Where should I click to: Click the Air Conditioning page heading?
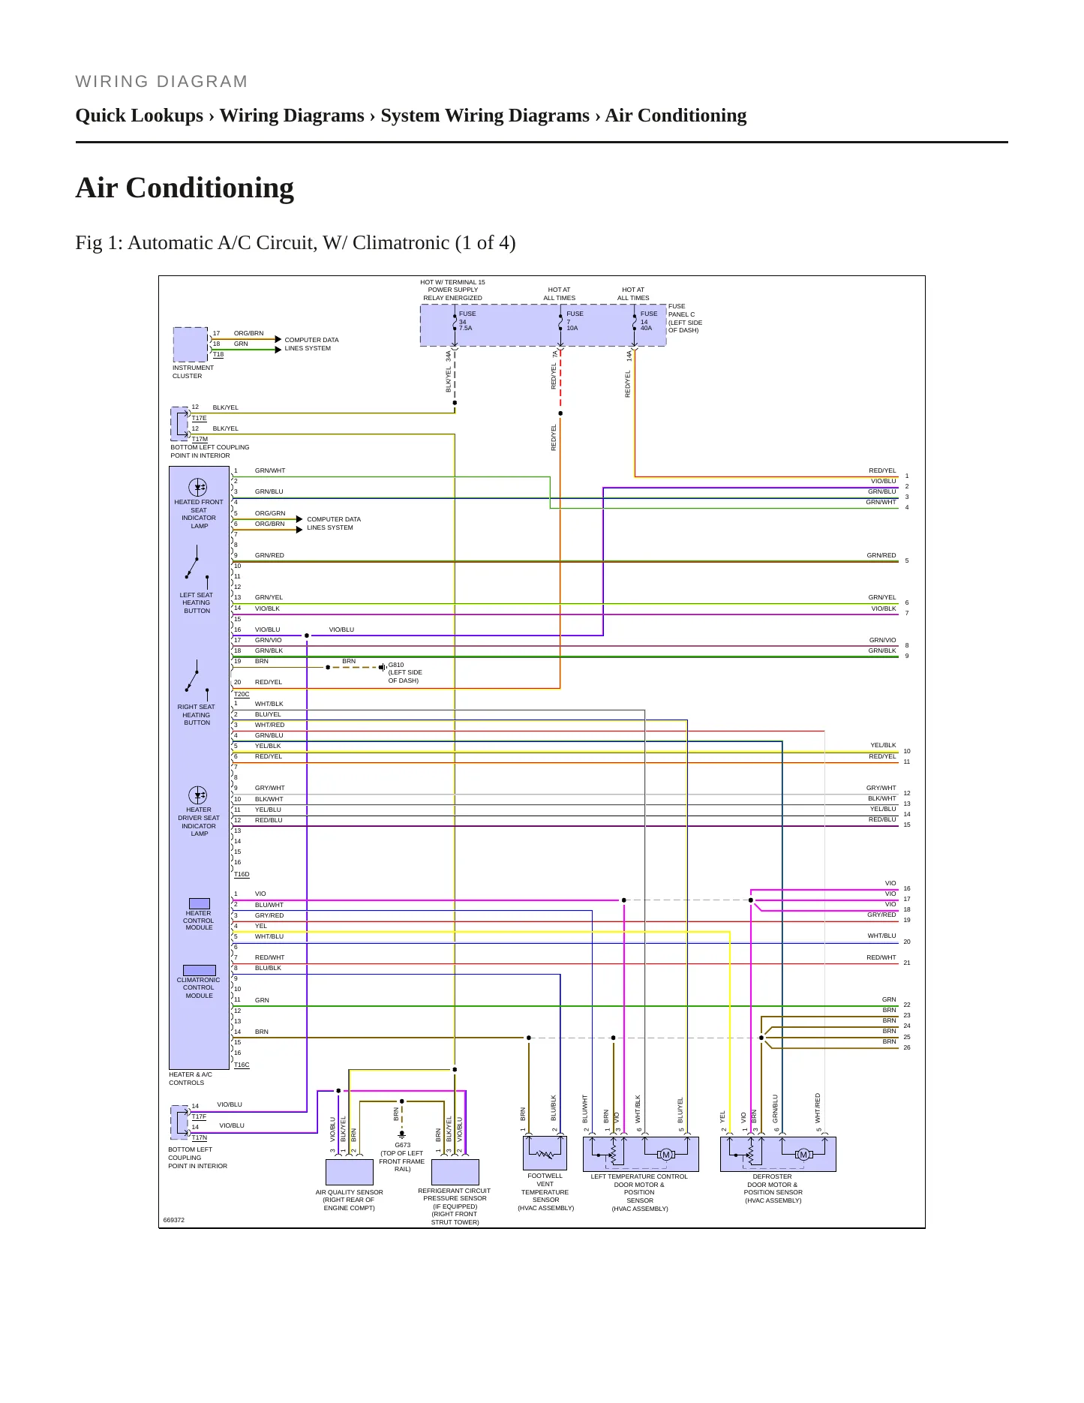(185, 188)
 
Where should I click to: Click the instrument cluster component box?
(191, 344)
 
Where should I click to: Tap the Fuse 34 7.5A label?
(467, 320)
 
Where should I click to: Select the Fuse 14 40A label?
(648, 320)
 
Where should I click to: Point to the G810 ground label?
(405, 672)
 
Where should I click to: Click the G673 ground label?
(402, 1157)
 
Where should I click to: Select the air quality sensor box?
(350, 1172)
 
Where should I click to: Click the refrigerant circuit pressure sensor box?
(455, 1172)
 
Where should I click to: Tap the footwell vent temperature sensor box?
(545, 1153)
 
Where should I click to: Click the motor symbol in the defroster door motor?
(803, 1155)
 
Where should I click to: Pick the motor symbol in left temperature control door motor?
(666, 1155)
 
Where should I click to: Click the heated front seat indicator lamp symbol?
(197, 487)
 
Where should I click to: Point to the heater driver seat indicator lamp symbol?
(198, 795)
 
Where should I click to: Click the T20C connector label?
(242, 694)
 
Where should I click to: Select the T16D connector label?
(242, 874)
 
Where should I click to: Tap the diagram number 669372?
(174, 1220)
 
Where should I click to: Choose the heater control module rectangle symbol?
(200, 903)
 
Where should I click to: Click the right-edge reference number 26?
(907, 1047)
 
